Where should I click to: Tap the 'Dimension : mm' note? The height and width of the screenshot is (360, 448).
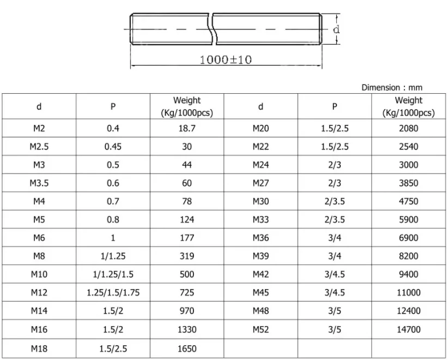tap(391, 87)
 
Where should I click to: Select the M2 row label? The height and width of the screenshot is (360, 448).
tap(39, 129)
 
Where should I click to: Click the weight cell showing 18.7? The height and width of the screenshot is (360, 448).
tap(187, 129)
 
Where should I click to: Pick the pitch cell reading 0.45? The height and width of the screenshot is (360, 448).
tap(113, 147)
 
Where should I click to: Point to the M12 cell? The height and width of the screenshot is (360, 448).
tap(39, 292)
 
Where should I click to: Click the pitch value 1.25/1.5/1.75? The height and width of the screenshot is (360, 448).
tap(113, 292)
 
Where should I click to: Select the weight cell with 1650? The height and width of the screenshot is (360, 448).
tap(187, 348)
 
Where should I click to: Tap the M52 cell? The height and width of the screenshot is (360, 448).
tap(261, 329)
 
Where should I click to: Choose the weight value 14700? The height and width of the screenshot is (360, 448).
tap(409, 329)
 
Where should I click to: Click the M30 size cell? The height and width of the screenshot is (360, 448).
tap(261, 201)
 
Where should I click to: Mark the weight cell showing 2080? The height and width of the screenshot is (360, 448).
tap(409, 129)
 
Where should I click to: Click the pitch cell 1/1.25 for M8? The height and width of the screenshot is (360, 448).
tap(113, 256)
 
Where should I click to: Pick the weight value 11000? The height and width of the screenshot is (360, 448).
tap(409, 292)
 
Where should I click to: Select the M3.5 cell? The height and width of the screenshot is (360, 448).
tap(39, 183)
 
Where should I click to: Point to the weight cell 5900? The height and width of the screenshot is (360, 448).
tap(409, 220)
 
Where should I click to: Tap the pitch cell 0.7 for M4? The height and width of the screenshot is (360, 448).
tap(113, 201)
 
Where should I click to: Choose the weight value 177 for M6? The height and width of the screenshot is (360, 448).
tap(187, 238)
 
